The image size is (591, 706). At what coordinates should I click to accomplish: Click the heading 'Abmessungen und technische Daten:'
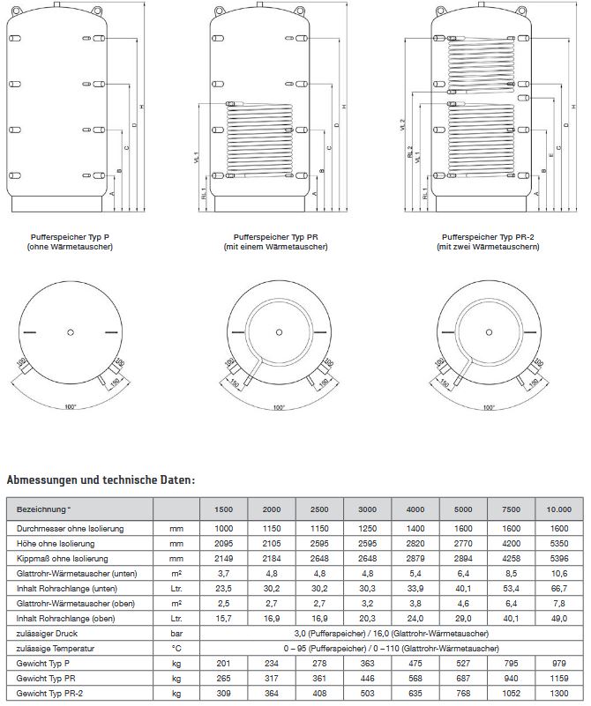click(101, 480)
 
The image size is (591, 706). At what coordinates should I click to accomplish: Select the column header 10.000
click(558, 510)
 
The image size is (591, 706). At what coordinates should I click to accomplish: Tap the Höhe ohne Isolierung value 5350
click(558, 544)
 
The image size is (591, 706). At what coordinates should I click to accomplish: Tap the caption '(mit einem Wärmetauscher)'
click(275, 247)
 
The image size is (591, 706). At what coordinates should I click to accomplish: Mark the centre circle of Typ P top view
click(70, 332)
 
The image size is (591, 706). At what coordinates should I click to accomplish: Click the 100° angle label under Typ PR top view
click(279, 407)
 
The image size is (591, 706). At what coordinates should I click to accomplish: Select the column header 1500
click(225, 510)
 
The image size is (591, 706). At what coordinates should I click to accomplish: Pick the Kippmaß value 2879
click(415, 560)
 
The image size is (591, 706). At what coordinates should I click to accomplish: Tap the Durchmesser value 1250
click(368, 528)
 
